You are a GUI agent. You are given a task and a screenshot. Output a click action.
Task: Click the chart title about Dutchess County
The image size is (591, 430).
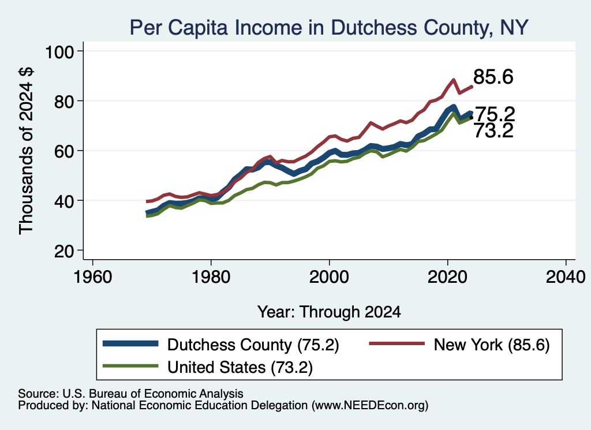pos(328,28)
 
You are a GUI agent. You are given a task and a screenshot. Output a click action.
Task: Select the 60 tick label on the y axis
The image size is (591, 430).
pos(64,151)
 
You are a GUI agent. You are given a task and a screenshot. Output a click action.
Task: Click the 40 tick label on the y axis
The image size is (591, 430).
pos(64,200)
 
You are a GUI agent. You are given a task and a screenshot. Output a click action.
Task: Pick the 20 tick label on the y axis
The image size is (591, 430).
pos(64,250)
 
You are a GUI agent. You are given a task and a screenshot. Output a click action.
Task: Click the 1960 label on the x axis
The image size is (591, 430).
pos(93,277)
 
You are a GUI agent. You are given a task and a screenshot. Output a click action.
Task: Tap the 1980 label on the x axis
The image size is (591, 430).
pos(211,277)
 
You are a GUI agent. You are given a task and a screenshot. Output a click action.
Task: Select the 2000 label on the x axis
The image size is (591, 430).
pos(329,277)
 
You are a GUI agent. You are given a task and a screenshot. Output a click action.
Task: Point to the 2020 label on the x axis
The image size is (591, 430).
pos(447,277)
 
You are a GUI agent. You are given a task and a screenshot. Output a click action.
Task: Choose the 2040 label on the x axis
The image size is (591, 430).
pos(566,277)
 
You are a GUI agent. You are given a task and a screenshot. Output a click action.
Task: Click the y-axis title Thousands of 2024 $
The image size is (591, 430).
pos(26,151)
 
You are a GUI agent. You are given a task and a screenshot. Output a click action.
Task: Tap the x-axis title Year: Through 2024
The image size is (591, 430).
pos(329,312)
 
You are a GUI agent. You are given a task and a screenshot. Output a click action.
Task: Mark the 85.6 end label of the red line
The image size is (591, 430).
pos(493,77)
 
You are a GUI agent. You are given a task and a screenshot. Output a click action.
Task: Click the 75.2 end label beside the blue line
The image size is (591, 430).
pos(495,114)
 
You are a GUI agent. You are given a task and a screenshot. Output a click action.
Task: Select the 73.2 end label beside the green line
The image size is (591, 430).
pos(493,131)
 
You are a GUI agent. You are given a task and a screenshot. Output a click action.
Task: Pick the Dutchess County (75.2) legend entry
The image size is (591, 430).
pos(221,345)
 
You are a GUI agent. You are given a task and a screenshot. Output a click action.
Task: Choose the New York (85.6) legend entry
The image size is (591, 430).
pos(459,345)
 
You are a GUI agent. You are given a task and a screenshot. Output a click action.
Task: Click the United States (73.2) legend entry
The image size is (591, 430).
pos(208,367)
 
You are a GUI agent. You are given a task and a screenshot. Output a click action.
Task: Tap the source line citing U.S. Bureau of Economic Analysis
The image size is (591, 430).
pos(130,394)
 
